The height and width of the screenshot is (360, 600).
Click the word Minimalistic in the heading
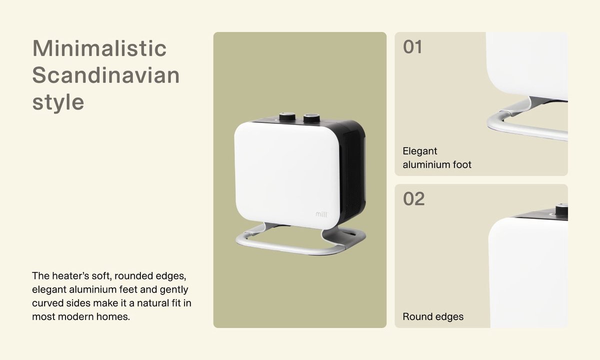99,48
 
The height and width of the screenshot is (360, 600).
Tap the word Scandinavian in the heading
106,75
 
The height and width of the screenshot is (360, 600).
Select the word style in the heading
58,102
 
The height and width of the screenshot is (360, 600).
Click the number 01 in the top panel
412,47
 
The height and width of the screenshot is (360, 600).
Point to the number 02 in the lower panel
414,199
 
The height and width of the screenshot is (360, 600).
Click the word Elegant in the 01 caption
419,151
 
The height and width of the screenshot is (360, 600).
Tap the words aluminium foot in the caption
437,164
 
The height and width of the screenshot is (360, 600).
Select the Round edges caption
433,316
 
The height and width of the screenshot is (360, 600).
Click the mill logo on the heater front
321,214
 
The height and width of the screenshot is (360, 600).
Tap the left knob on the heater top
287,116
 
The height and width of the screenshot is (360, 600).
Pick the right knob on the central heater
311,118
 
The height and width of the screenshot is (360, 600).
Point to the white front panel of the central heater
287,175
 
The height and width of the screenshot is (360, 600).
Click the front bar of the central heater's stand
289,247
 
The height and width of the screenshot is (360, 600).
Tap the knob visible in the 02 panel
561,209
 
